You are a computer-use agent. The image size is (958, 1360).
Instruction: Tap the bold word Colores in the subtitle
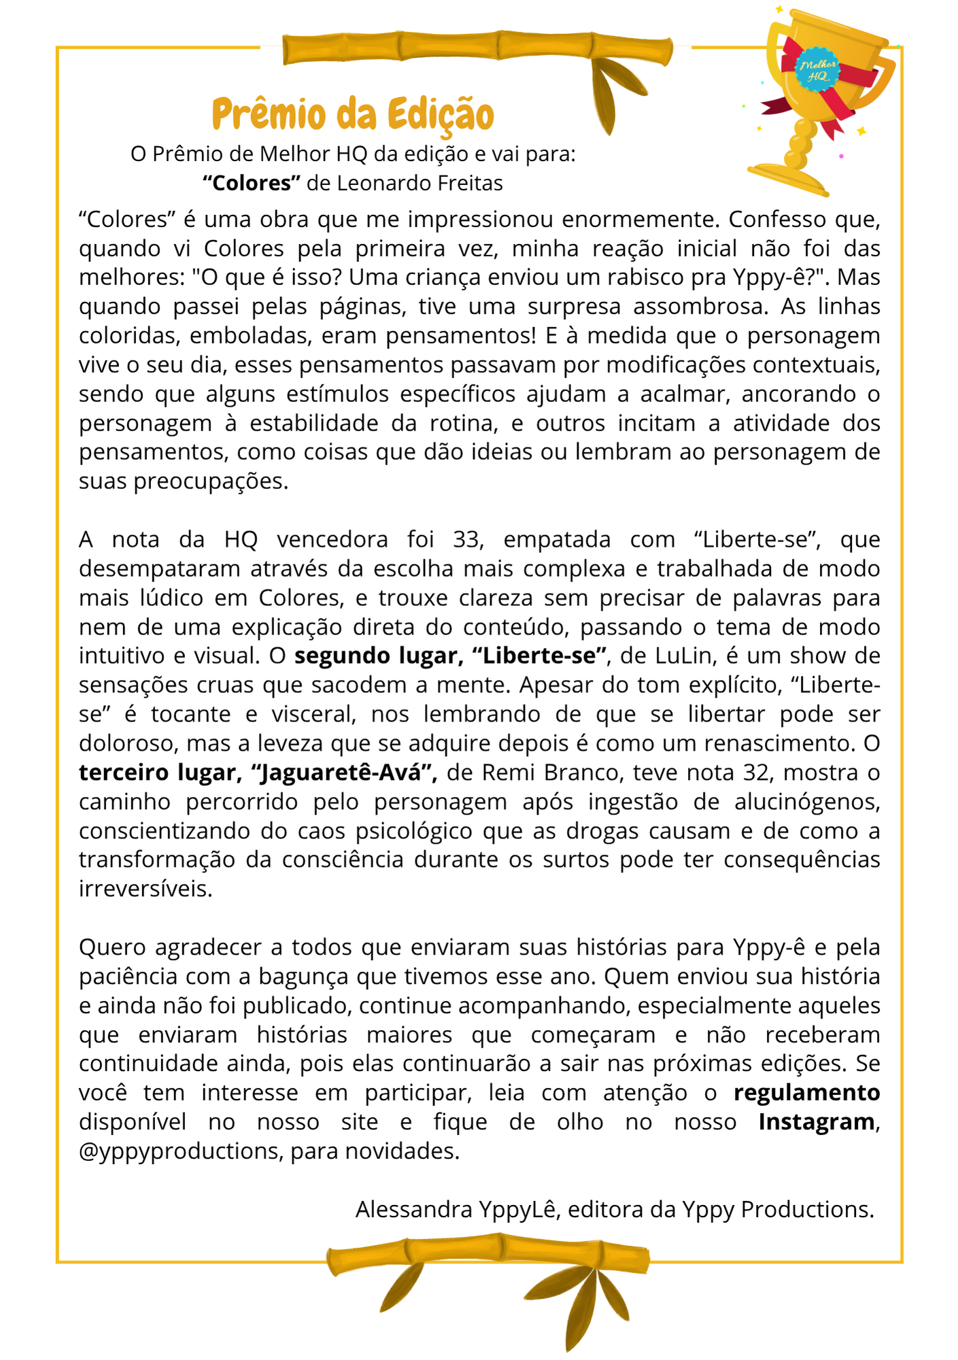tap(252, 183)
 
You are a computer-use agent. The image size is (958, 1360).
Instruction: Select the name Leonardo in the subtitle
tap(381, 183)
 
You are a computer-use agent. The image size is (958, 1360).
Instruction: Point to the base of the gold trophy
tap(789, 180)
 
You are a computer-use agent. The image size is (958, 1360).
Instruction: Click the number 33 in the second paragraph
tap(467, 539)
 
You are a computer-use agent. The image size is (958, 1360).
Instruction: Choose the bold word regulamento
tap(807, 1093)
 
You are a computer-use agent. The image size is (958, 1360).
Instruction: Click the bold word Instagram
tap(817, 1121)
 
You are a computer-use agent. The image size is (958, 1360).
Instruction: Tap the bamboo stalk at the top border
tap(476, 48)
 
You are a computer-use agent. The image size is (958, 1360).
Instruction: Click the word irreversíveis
tap(146, 889)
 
